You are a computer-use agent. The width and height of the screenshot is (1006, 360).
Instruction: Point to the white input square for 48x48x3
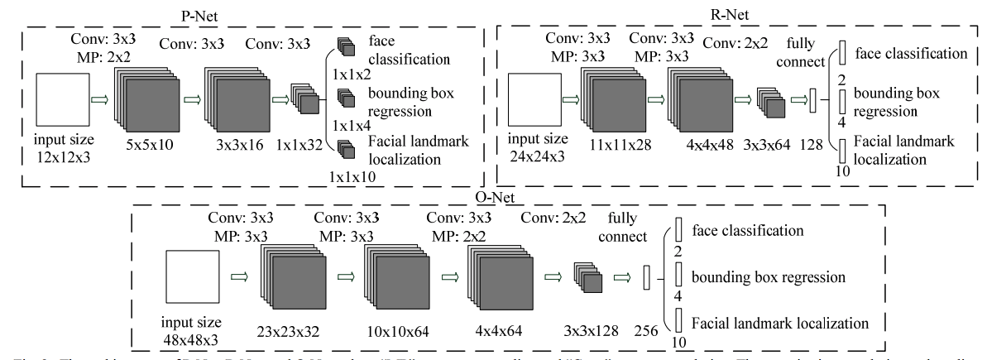click(x=191, y=281)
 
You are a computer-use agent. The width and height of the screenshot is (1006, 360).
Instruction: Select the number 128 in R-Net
click(x=811, y=145)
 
